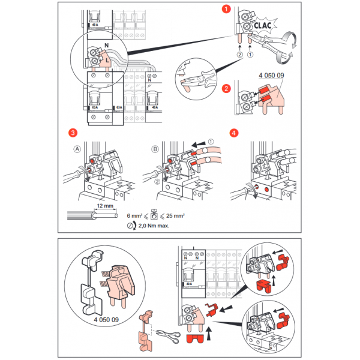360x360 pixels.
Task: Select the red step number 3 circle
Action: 73,132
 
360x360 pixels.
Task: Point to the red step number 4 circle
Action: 235,132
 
